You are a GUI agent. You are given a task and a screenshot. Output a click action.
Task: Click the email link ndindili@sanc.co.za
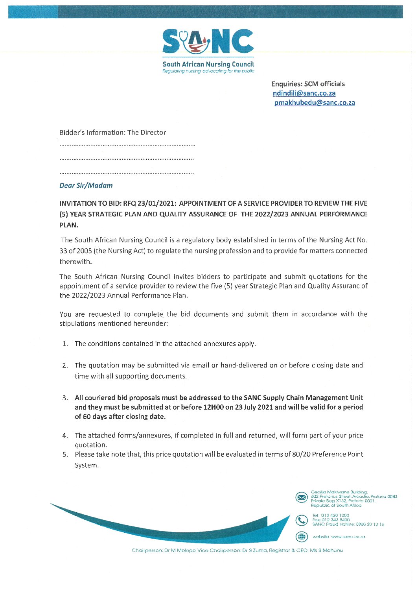304,93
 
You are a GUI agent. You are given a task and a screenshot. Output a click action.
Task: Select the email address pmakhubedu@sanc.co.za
315,103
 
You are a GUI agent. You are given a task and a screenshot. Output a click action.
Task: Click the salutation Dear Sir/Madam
86,185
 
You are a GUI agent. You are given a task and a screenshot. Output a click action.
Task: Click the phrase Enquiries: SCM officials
308,84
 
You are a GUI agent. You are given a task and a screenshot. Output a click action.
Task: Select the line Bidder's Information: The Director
112,133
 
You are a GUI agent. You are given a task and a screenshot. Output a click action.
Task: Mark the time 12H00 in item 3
213,407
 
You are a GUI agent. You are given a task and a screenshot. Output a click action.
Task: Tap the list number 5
65,454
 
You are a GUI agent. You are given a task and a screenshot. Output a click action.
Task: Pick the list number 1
65,344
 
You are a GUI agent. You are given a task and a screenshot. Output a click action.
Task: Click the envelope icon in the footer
302,498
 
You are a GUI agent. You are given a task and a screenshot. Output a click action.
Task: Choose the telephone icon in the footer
302,521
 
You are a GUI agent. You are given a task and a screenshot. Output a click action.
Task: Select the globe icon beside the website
302,537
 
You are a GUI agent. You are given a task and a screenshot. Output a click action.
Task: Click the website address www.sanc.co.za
348,537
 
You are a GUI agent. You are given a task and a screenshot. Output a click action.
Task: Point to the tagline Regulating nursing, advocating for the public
208,71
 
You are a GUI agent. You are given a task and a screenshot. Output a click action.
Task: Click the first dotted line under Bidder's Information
127,146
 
